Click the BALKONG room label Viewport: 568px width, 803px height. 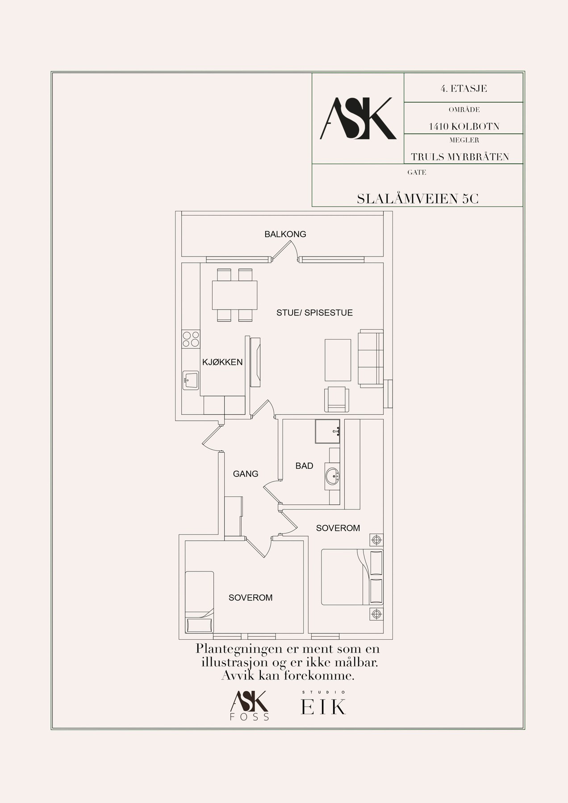(285, 234)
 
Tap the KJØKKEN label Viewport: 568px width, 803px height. (222, 362)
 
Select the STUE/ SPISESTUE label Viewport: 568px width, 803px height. (314, 313)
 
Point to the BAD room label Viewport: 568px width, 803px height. (304, 466)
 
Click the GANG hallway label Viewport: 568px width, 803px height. (246, 474)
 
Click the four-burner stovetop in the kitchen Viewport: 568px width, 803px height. (191, 339)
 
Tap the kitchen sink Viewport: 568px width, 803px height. (191, 381)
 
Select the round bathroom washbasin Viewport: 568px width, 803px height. (333, 476)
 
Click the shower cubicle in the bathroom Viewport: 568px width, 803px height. (327, 431)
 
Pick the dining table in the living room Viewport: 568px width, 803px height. (235, 295)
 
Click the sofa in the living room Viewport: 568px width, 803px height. (371, 357)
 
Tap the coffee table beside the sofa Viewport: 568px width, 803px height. (338, 360)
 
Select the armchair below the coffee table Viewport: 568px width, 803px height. (337, 399)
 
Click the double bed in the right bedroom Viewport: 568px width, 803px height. (352, 577)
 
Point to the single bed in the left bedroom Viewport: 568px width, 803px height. (200, 602)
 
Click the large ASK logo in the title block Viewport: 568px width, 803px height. (358, 118)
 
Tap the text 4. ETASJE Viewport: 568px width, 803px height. (464, 88)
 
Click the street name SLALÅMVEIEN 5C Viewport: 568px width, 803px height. (418, 199)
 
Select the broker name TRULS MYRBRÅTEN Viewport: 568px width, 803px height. (460, 157)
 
